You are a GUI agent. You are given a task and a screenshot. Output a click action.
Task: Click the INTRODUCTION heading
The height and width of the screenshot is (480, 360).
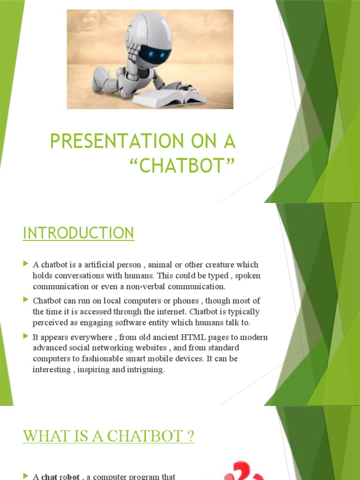click(x=78, y=233)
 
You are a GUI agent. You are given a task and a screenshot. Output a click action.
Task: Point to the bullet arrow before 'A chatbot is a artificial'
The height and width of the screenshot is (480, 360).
click(x=26, y=264)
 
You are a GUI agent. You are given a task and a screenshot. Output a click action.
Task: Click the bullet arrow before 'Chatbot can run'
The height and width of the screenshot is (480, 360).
click(x=26, y=300)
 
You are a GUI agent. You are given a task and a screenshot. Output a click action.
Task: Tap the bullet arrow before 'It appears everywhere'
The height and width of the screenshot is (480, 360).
click(x=26, y=336)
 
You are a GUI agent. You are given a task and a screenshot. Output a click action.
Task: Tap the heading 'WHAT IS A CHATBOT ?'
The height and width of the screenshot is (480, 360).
click(x=108, y=436)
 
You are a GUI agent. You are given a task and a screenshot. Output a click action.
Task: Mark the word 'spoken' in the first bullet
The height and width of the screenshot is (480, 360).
click(x=248, y=276)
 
